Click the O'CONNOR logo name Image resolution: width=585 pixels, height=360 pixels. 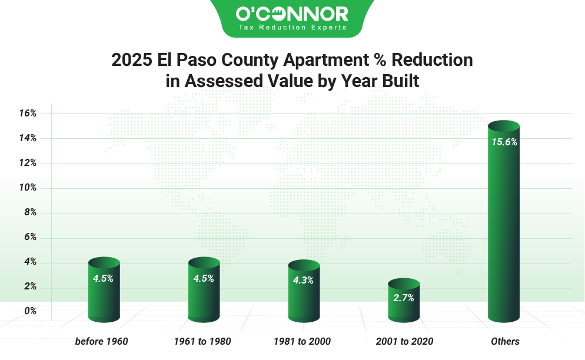(x=292, y=14)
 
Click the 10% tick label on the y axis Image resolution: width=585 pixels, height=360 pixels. (x=28, y=188)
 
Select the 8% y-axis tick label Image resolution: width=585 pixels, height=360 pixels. (x=30, y=212)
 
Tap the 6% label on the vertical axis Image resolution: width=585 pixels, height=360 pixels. (x=30, y=237)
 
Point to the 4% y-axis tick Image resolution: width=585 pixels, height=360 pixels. (x=30, y=262)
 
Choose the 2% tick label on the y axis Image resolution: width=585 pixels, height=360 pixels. (x=30, y=286)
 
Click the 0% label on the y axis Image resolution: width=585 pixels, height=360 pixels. (x=30, y=311)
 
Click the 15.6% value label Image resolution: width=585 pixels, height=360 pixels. (x=504, y=142)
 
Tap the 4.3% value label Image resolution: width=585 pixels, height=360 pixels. (x=304, y=281)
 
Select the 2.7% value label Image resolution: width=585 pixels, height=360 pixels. (x=404, y=298)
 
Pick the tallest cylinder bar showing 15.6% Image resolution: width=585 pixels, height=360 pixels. (x=504, y=229)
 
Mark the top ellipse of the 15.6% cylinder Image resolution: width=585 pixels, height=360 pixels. (x=504, y=126)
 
